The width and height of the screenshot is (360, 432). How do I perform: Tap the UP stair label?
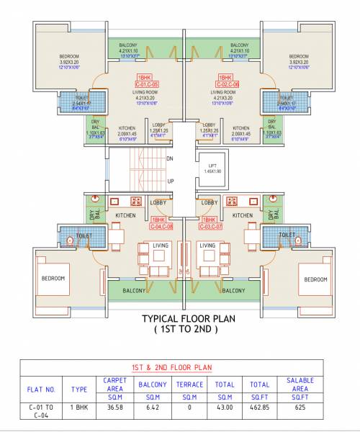click(170, 181)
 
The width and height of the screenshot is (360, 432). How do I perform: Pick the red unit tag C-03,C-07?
click(212, 226)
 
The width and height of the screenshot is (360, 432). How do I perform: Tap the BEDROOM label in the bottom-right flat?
click(296, 278)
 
